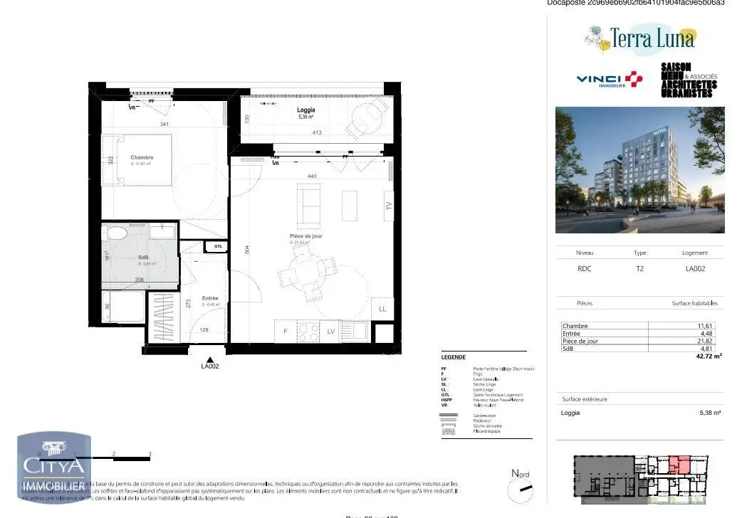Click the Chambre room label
(142, 158)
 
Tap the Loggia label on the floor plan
(307, 110)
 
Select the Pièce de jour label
(306, 236)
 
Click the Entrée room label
(210, 298)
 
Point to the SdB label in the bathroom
(143, 258)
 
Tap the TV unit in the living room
(388, 206)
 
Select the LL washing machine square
(382, 308)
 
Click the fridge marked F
(285, 332)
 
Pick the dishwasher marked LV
(331, 332)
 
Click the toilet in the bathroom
(115, 233)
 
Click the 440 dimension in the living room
(311, 175)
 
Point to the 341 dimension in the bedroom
(164, 125)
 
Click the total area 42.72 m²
(707, 355)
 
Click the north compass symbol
(521, 490)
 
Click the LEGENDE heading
(454, 357)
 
